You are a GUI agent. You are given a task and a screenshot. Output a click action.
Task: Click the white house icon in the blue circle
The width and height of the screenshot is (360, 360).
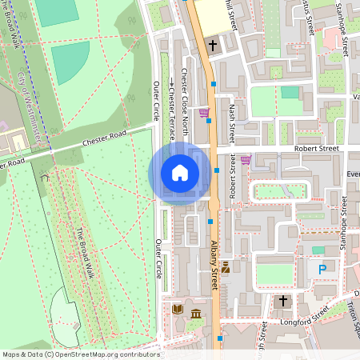click(180, 173)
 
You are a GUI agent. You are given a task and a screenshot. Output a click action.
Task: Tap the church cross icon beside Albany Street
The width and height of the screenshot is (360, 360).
click(213, 46)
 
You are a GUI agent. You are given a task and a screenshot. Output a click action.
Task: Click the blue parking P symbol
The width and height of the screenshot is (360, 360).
click(322, 270)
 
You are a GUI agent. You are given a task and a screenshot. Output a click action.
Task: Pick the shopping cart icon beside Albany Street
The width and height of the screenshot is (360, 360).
click(204, 113)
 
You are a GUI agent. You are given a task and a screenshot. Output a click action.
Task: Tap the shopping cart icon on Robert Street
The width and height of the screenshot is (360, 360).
click(245, 159)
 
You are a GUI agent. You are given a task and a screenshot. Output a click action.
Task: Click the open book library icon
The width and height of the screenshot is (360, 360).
click(178, 309)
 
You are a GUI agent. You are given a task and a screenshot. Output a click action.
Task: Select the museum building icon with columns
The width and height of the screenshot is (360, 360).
click(195, 322)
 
